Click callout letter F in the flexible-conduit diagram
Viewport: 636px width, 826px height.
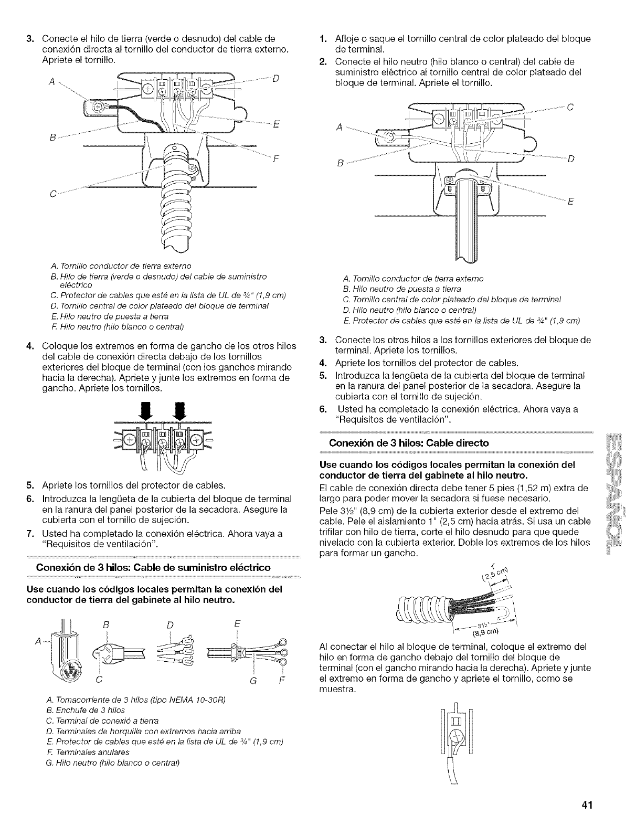click(275, 156)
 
